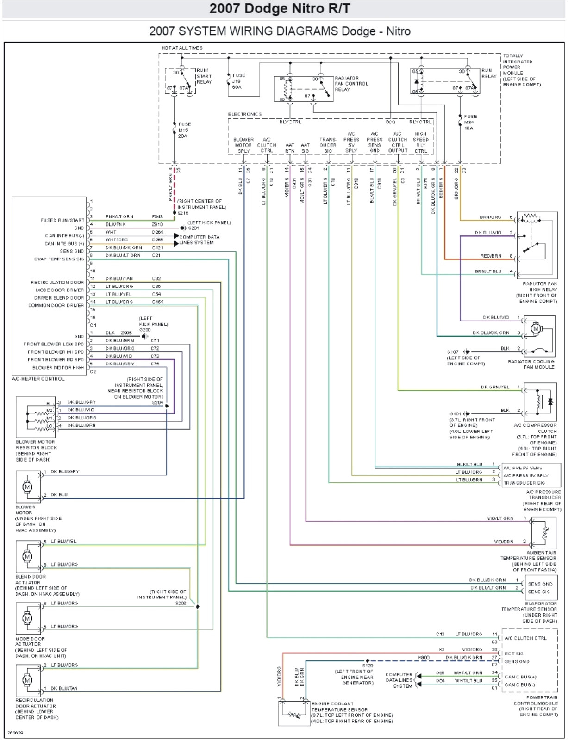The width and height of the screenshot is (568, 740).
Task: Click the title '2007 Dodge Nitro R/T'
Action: [x=280, y=9]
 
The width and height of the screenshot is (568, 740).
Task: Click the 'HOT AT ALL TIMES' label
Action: [x=182, y=48]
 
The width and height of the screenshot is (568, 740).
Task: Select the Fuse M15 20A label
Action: [x=184, y=130]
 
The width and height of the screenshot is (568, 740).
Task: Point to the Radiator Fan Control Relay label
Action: [x=351, y=84]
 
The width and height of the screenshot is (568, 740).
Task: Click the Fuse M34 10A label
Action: [x=470, y=122]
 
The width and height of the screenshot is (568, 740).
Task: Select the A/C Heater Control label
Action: [x=38, y=379]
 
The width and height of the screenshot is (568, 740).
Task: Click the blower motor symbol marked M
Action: [x=27, y=487]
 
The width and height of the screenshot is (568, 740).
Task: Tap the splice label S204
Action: [x=157, y=402]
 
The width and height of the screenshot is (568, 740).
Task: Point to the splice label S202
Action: [x=180, y=603]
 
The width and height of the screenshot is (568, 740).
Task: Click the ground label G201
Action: [x=193, y=228]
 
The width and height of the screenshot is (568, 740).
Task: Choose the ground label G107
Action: [x=453, y=352]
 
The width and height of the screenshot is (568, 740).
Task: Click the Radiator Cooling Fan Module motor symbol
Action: [x=536, y=329]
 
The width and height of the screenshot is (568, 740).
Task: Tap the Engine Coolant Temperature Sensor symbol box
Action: [x=293, y=713]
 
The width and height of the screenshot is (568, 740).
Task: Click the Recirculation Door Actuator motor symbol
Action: [x=27, y=680]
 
